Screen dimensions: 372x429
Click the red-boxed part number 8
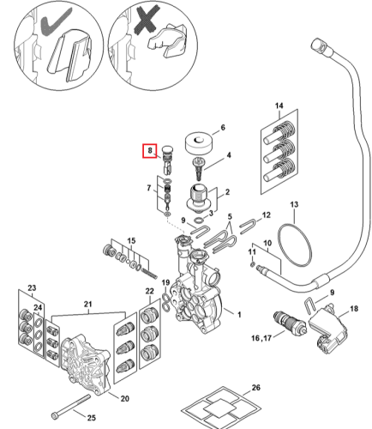(150, 150)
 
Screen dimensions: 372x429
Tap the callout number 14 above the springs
(279, 106)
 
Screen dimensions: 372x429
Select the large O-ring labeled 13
(295, 245)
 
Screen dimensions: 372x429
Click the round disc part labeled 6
(199, 143)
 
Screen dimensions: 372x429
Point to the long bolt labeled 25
(70, 406)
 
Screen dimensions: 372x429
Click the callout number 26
(256, 388)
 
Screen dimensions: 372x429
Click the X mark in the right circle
(146, 19)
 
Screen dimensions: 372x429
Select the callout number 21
(87, 305)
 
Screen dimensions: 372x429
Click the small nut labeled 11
(252, 263)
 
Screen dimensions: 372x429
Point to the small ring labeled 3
(199, 221)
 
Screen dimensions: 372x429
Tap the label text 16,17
(261, 338)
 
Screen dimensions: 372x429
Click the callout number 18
(354, 309)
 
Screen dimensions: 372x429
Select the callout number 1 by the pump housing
(239, 314)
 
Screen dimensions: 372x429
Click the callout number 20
(125, 398)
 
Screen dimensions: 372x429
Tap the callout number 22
(150, 291)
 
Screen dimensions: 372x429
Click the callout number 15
(131, 240)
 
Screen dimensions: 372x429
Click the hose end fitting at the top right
(321, 46)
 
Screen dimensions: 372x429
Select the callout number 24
(38, 307)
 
